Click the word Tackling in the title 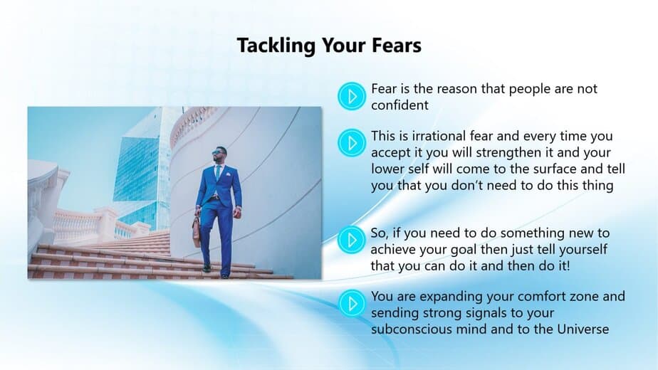point(276,46)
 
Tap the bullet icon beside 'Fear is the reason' point(352,96)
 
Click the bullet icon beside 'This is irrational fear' point(352,143)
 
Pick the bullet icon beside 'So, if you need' point(352,240)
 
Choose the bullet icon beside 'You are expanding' point(352,303)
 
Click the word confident point(399,105)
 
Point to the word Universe point(583,329)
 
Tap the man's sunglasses point(218,152)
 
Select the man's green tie point(218,172)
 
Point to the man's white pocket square point(228,174)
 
